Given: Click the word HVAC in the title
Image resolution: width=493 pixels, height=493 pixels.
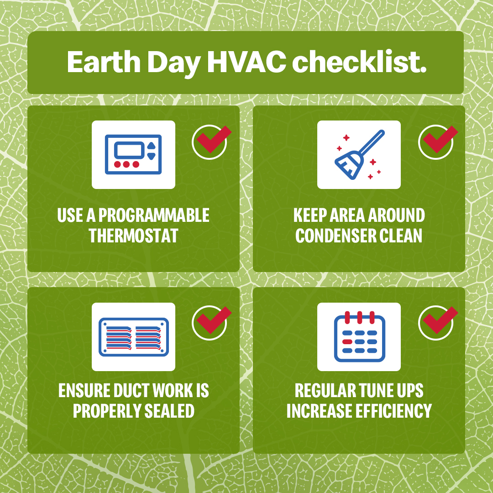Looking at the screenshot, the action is pos(246,62).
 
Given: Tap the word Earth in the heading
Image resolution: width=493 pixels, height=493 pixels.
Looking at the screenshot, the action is pos(104,62).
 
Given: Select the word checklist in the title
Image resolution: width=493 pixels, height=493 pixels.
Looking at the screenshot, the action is pos(359,62).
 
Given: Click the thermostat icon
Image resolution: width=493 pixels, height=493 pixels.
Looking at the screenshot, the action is pos(133,154).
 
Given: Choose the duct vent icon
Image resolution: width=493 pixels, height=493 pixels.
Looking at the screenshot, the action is pos(134,337).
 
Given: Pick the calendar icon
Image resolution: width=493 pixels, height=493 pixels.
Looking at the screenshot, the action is pos(360,336).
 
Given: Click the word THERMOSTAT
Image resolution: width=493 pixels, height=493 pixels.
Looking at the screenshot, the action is pos(134,236).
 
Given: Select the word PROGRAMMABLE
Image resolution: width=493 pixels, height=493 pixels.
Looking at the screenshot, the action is pos(154,215).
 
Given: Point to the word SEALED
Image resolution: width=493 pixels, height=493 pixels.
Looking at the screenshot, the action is pos(169,411).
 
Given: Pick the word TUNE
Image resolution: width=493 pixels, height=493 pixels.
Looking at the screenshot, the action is pos(375,390).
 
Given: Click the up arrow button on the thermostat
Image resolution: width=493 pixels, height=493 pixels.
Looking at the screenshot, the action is pos(152,146).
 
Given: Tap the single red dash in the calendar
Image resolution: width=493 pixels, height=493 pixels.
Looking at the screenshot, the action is pos(347,342).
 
